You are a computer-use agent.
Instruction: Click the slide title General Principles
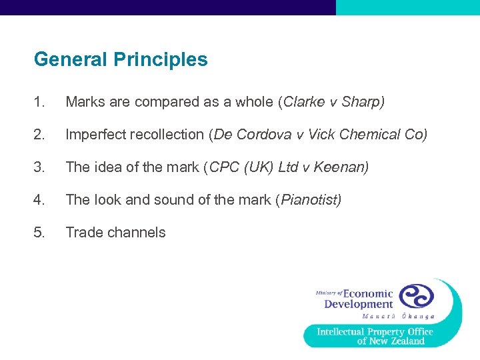point(121,59)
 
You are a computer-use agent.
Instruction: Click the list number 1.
point(39,102)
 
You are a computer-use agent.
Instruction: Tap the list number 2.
point(39,135)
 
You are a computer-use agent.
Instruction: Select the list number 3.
point(39,167)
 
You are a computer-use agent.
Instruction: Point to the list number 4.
point(39,200)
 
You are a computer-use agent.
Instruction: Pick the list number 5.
point(39,233)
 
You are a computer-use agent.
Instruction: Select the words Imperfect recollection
point(135,135)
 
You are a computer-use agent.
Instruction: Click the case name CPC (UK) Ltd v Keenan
point(288,167)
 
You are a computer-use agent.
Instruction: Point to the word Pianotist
point(308,200)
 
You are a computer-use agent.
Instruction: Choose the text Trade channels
point(115,233)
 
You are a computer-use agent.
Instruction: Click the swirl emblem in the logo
point(416,295)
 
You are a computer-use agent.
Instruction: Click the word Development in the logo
point(359,305)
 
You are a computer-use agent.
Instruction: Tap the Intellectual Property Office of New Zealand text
point(375,336)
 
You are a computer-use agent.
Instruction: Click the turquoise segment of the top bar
point(407,7)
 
